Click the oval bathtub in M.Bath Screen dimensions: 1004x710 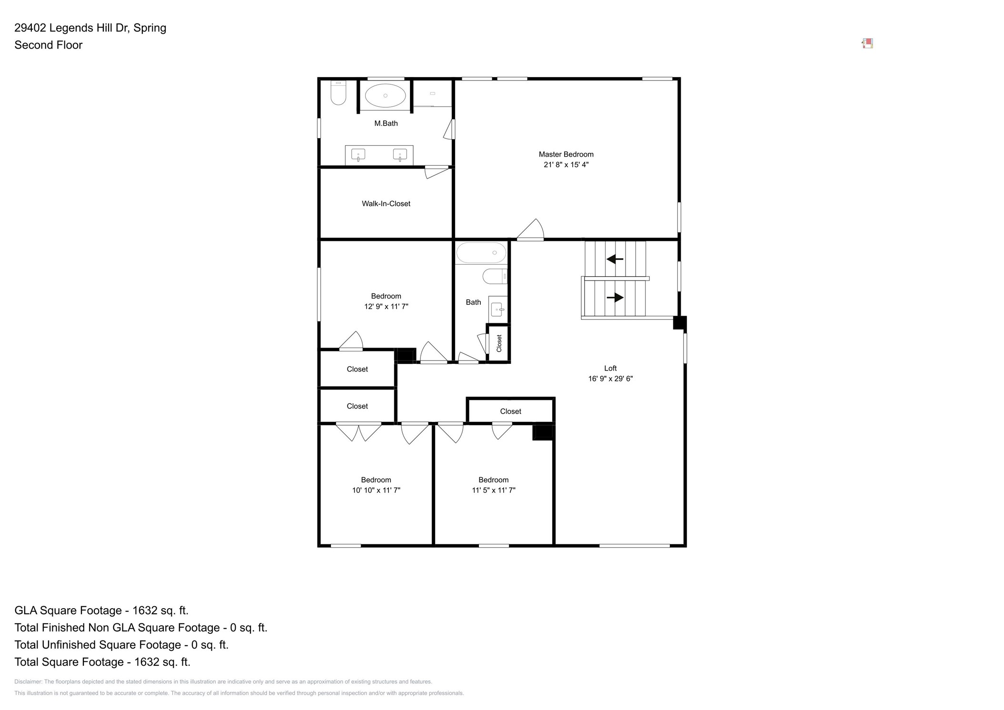click(385, 96)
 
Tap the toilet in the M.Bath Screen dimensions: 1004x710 click(338, 92)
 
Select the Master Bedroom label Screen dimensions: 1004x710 click(566, 154)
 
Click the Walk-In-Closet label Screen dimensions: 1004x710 click(386, 204)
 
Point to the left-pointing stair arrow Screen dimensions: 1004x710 click(615, 259)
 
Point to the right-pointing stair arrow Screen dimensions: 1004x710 click(615, 298)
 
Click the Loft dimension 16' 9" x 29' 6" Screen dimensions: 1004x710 click(610, 379)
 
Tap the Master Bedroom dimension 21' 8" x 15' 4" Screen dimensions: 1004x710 click(566, 165)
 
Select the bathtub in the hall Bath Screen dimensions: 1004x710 click(481, 252)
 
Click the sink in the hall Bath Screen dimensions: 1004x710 click(497, 310)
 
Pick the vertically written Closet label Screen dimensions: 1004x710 click(499, 343)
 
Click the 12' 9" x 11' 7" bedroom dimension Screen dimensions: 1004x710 click(386, 307)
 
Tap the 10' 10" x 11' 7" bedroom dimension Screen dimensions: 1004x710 click(376, 490)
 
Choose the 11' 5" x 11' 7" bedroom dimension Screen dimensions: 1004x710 click(494, 490)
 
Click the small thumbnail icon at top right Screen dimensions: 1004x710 click(867, 44)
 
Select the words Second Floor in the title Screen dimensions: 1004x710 click(49, 45)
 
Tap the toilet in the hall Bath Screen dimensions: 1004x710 click(495, 276)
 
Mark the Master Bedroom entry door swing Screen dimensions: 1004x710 click(530, 229)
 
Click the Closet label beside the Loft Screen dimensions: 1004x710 click(510, 411)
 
